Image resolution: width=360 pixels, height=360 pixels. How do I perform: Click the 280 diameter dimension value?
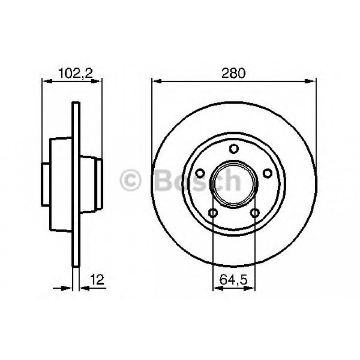tap(234, 73)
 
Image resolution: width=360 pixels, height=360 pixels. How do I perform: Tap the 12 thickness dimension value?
tap(98, 280)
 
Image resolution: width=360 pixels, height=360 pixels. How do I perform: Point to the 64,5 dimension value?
tap(234, 281)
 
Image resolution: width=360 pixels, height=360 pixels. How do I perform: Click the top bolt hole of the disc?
tap(234, 148)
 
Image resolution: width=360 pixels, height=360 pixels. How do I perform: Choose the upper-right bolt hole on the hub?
tap(267, 173)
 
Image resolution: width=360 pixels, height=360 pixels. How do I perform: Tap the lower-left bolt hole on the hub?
tap(213, 213)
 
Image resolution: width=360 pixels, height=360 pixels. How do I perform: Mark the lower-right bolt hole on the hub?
tap(255, 213)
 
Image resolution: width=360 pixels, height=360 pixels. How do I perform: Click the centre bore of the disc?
tap(234, 184)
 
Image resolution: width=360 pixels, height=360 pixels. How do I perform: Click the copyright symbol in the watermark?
tap(131, 181)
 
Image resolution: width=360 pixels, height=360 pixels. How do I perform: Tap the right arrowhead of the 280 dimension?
tap(313, 81)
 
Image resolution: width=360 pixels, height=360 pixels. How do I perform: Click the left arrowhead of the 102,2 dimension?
tap(45, 81)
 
